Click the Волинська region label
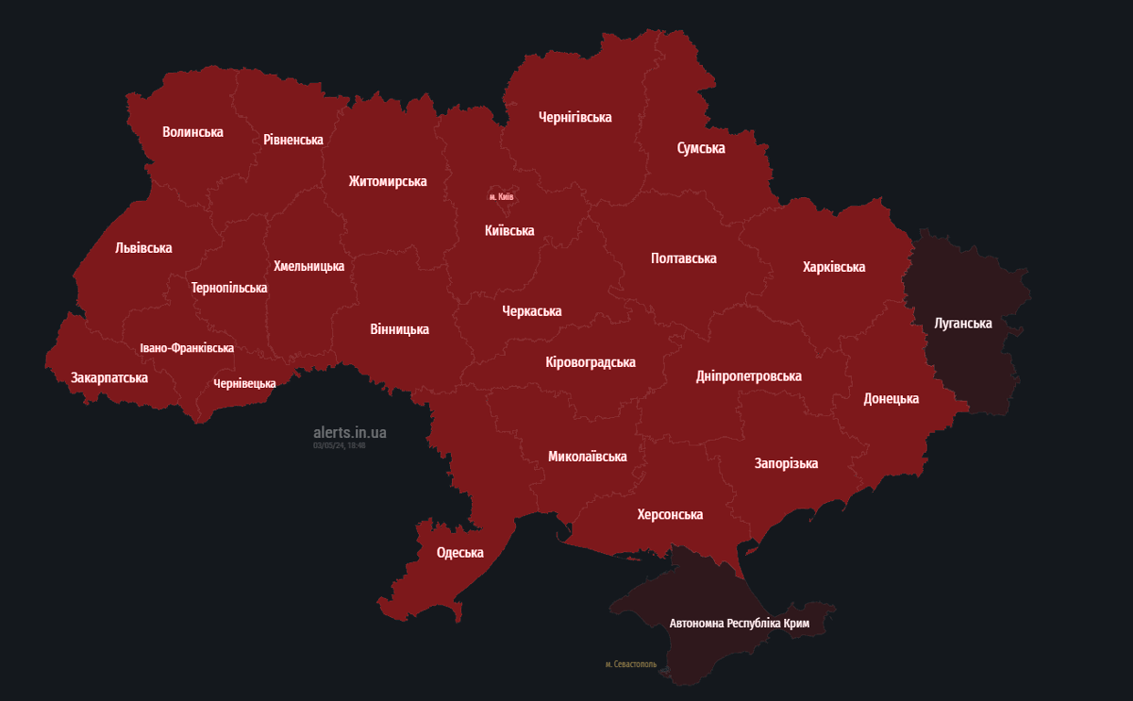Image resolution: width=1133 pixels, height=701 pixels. point(193,132)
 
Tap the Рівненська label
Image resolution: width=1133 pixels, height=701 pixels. point(293,140)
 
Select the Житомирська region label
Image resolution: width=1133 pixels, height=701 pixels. point(387,182)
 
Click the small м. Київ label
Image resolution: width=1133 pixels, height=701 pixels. point(501,197)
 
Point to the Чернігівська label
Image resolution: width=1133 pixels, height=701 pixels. point(575,118)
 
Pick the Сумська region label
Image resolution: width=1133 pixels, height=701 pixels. point(701,148)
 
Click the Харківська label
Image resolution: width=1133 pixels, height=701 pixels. point(834,267)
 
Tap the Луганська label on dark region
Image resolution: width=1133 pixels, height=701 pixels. point(963,323)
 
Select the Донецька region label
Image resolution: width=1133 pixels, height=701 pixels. point(891,399)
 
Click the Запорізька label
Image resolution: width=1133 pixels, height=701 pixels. point(786,464)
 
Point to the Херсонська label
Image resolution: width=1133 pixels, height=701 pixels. point(670,515)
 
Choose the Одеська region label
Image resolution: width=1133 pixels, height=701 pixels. point(460,553)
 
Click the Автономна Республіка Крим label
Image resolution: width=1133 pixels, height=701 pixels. point(740,623)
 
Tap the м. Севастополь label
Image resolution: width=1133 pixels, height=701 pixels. point(631,664)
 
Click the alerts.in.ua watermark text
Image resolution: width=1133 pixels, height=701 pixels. point(350,432)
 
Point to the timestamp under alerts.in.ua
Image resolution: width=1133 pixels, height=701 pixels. point(339,445)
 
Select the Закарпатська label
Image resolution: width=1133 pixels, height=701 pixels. point(110,378)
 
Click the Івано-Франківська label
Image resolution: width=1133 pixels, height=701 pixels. point(187,349)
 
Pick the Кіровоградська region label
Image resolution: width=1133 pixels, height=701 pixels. point(590,362)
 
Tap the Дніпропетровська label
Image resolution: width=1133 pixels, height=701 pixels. point(749,376)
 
